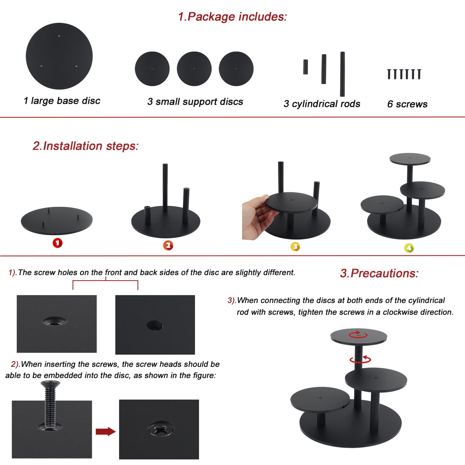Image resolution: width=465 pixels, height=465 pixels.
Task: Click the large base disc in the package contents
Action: click(x=59, y=56)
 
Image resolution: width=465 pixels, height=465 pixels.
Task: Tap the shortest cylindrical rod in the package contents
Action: click(x=305, y=67)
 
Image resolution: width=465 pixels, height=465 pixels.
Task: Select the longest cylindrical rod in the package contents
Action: click(x=342, y=74)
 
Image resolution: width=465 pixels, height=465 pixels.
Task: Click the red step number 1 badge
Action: click(x=58, y=243)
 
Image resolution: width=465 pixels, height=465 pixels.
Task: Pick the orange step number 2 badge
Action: click(x=168, y=246)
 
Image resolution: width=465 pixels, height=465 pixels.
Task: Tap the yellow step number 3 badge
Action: click(x=295, y=247)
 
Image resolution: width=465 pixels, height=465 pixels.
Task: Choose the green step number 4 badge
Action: click(x=409, y=248)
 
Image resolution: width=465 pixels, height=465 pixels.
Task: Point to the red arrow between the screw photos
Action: click(x=106, y=431)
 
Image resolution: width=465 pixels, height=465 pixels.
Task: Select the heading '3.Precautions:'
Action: click(x=379, y=273)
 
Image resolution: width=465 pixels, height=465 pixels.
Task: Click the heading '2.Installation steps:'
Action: click(x=86, y=146)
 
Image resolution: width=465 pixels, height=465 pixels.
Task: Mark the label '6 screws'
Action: click(x=407, y=104)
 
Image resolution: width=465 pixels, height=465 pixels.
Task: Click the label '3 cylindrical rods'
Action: click(x=322, y=104)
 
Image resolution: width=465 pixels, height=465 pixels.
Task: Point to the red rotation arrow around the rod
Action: click(x=360, y=359)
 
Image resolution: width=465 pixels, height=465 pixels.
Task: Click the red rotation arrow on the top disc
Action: click(x=358, y=334)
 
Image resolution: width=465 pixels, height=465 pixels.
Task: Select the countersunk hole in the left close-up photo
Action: click(x=55, y=321)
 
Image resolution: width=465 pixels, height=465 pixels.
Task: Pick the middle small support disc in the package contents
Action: click(x=194, y=69)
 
